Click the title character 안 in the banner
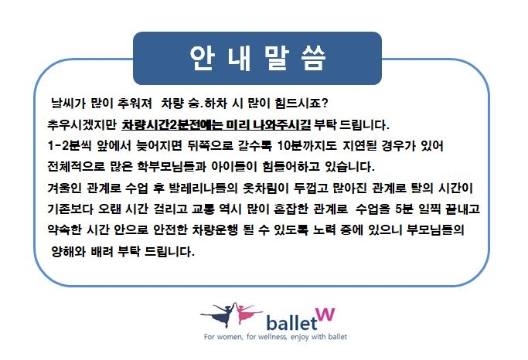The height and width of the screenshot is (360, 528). (202, 58)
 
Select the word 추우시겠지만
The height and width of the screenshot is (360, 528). (81, 125)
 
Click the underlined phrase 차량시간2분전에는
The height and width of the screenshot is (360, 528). (172, 125)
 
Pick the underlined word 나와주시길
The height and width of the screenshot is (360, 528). (282, 125)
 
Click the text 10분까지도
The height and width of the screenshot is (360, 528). (307, 146)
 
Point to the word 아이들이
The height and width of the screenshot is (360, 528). (234, 167)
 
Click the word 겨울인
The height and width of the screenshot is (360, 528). (64, 188)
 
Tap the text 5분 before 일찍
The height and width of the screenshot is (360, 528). (404, 209)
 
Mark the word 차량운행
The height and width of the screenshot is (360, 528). (215, 230)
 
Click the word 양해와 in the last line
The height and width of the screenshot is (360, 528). (68, 252)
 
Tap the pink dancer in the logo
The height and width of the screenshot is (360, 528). (247, 313)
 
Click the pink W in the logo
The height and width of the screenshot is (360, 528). (325, 315)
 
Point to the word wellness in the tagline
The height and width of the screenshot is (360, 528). (272, 337)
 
